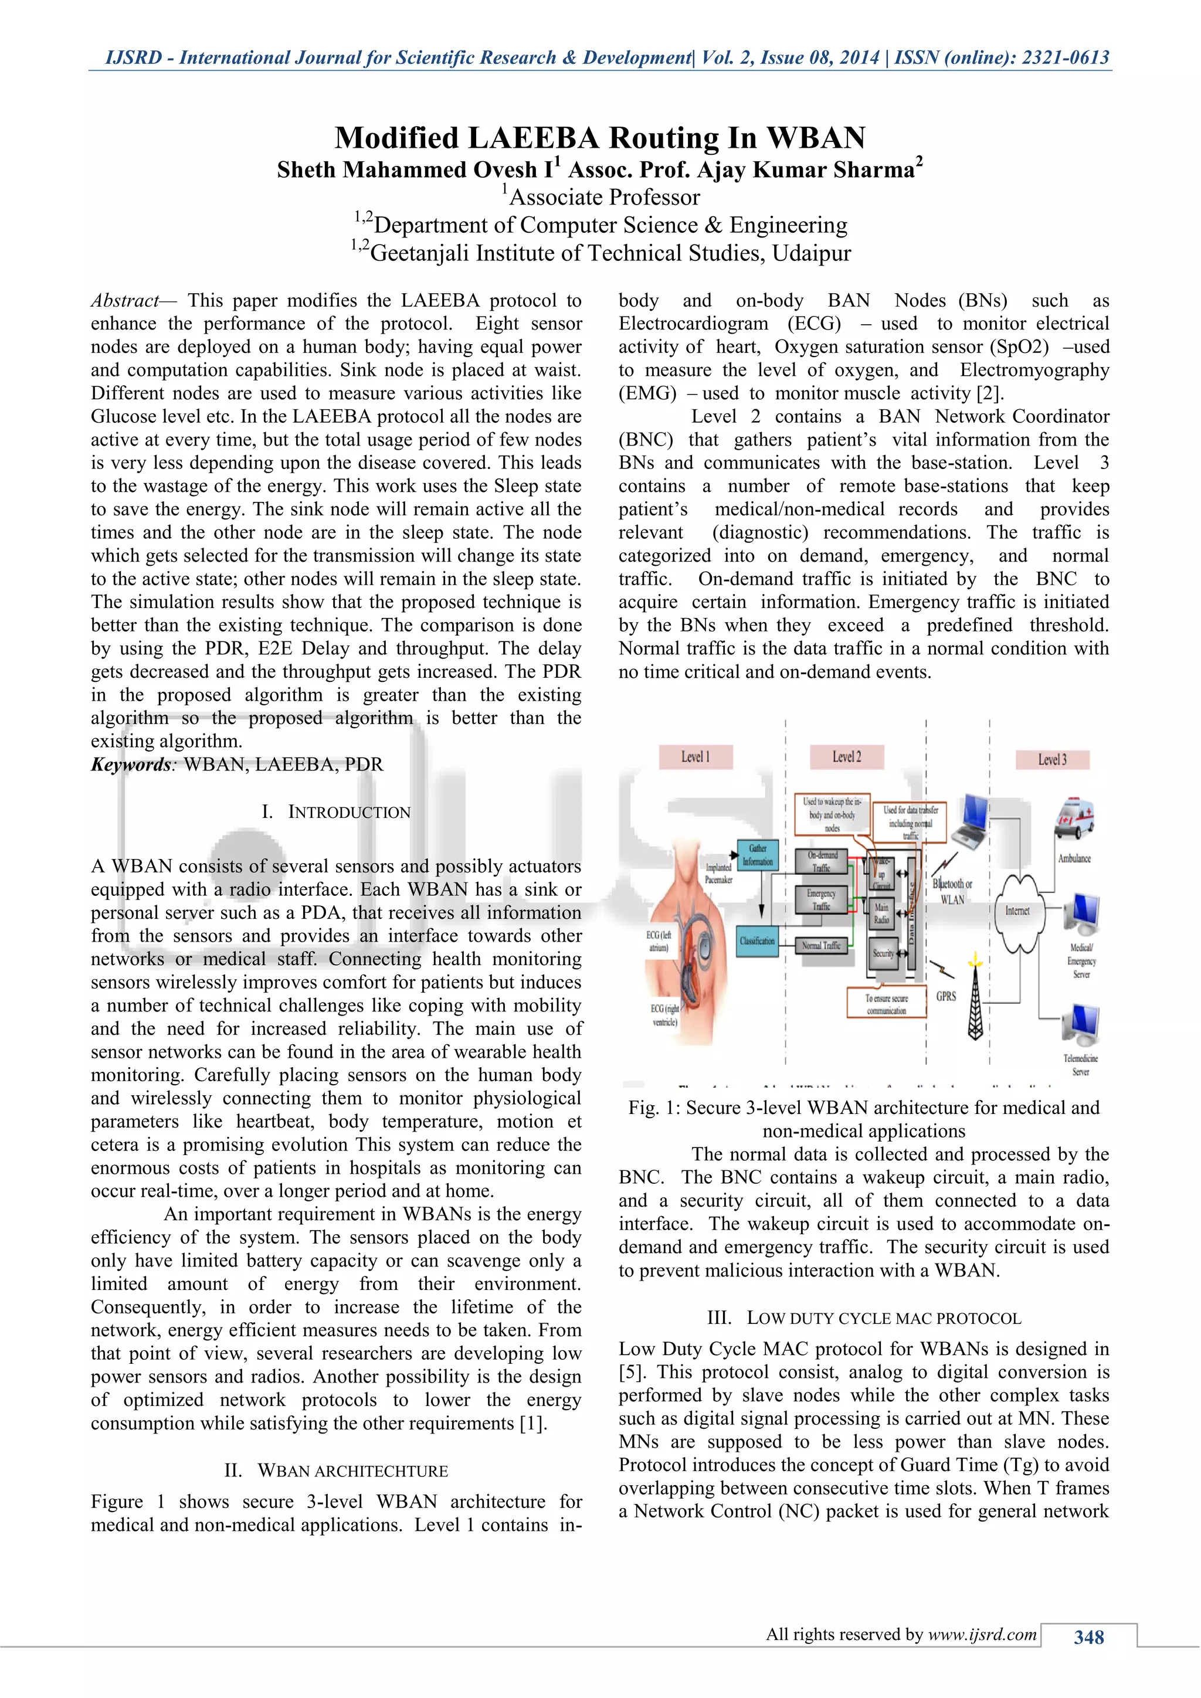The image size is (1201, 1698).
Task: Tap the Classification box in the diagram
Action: point(757,940)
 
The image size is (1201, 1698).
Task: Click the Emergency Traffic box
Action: point(821,899)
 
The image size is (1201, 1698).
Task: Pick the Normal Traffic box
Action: point(821,945)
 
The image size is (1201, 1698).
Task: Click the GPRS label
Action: point(946,996)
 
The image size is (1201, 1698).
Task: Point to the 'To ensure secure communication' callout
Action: point(886,1004)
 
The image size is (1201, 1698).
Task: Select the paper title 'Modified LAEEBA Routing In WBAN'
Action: point(600,138)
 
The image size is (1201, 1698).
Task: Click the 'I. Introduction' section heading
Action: point(336,812)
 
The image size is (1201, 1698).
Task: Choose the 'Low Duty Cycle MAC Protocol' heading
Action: point(864,1318)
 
